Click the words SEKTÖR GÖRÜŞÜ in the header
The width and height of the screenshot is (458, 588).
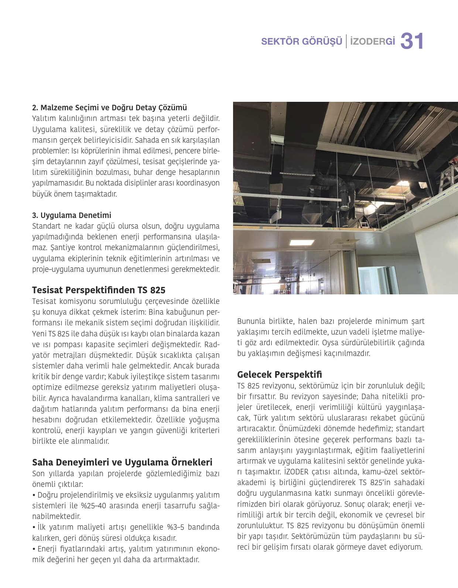tap(301, 41)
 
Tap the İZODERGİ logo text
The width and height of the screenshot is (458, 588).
tap(372, 41)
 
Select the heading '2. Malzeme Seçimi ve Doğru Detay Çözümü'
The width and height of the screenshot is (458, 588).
tap(109, 108)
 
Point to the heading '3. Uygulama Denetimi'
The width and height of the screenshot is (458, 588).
tap(71, 215)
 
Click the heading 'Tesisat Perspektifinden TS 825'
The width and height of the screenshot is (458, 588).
tap(99, 290)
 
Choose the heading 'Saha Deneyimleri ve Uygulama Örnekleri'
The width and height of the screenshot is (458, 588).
tap(122, 462)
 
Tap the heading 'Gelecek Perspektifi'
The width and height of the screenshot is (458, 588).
tap(279, 374)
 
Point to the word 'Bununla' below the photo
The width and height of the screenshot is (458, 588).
tap(251, 321)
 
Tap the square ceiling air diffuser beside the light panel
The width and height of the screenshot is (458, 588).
tap(345, 242)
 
